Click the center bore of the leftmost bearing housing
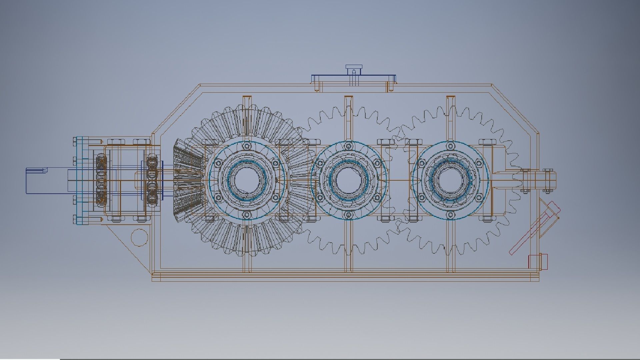click(247, 180)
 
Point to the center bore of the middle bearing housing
click(349, 180)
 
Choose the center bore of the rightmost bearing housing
click(450, 180)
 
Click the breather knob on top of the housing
click(354, 70)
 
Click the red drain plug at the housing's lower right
click(538, 261)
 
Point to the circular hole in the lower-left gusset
click(139, 237)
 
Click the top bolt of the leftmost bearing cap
click(247, 146)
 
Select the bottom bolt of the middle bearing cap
click(349, 215)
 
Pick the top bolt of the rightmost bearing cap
click(450, 146)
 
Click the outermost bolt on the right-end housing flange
click(547, 180)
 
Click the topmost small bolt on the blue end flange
click(74, 143)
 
